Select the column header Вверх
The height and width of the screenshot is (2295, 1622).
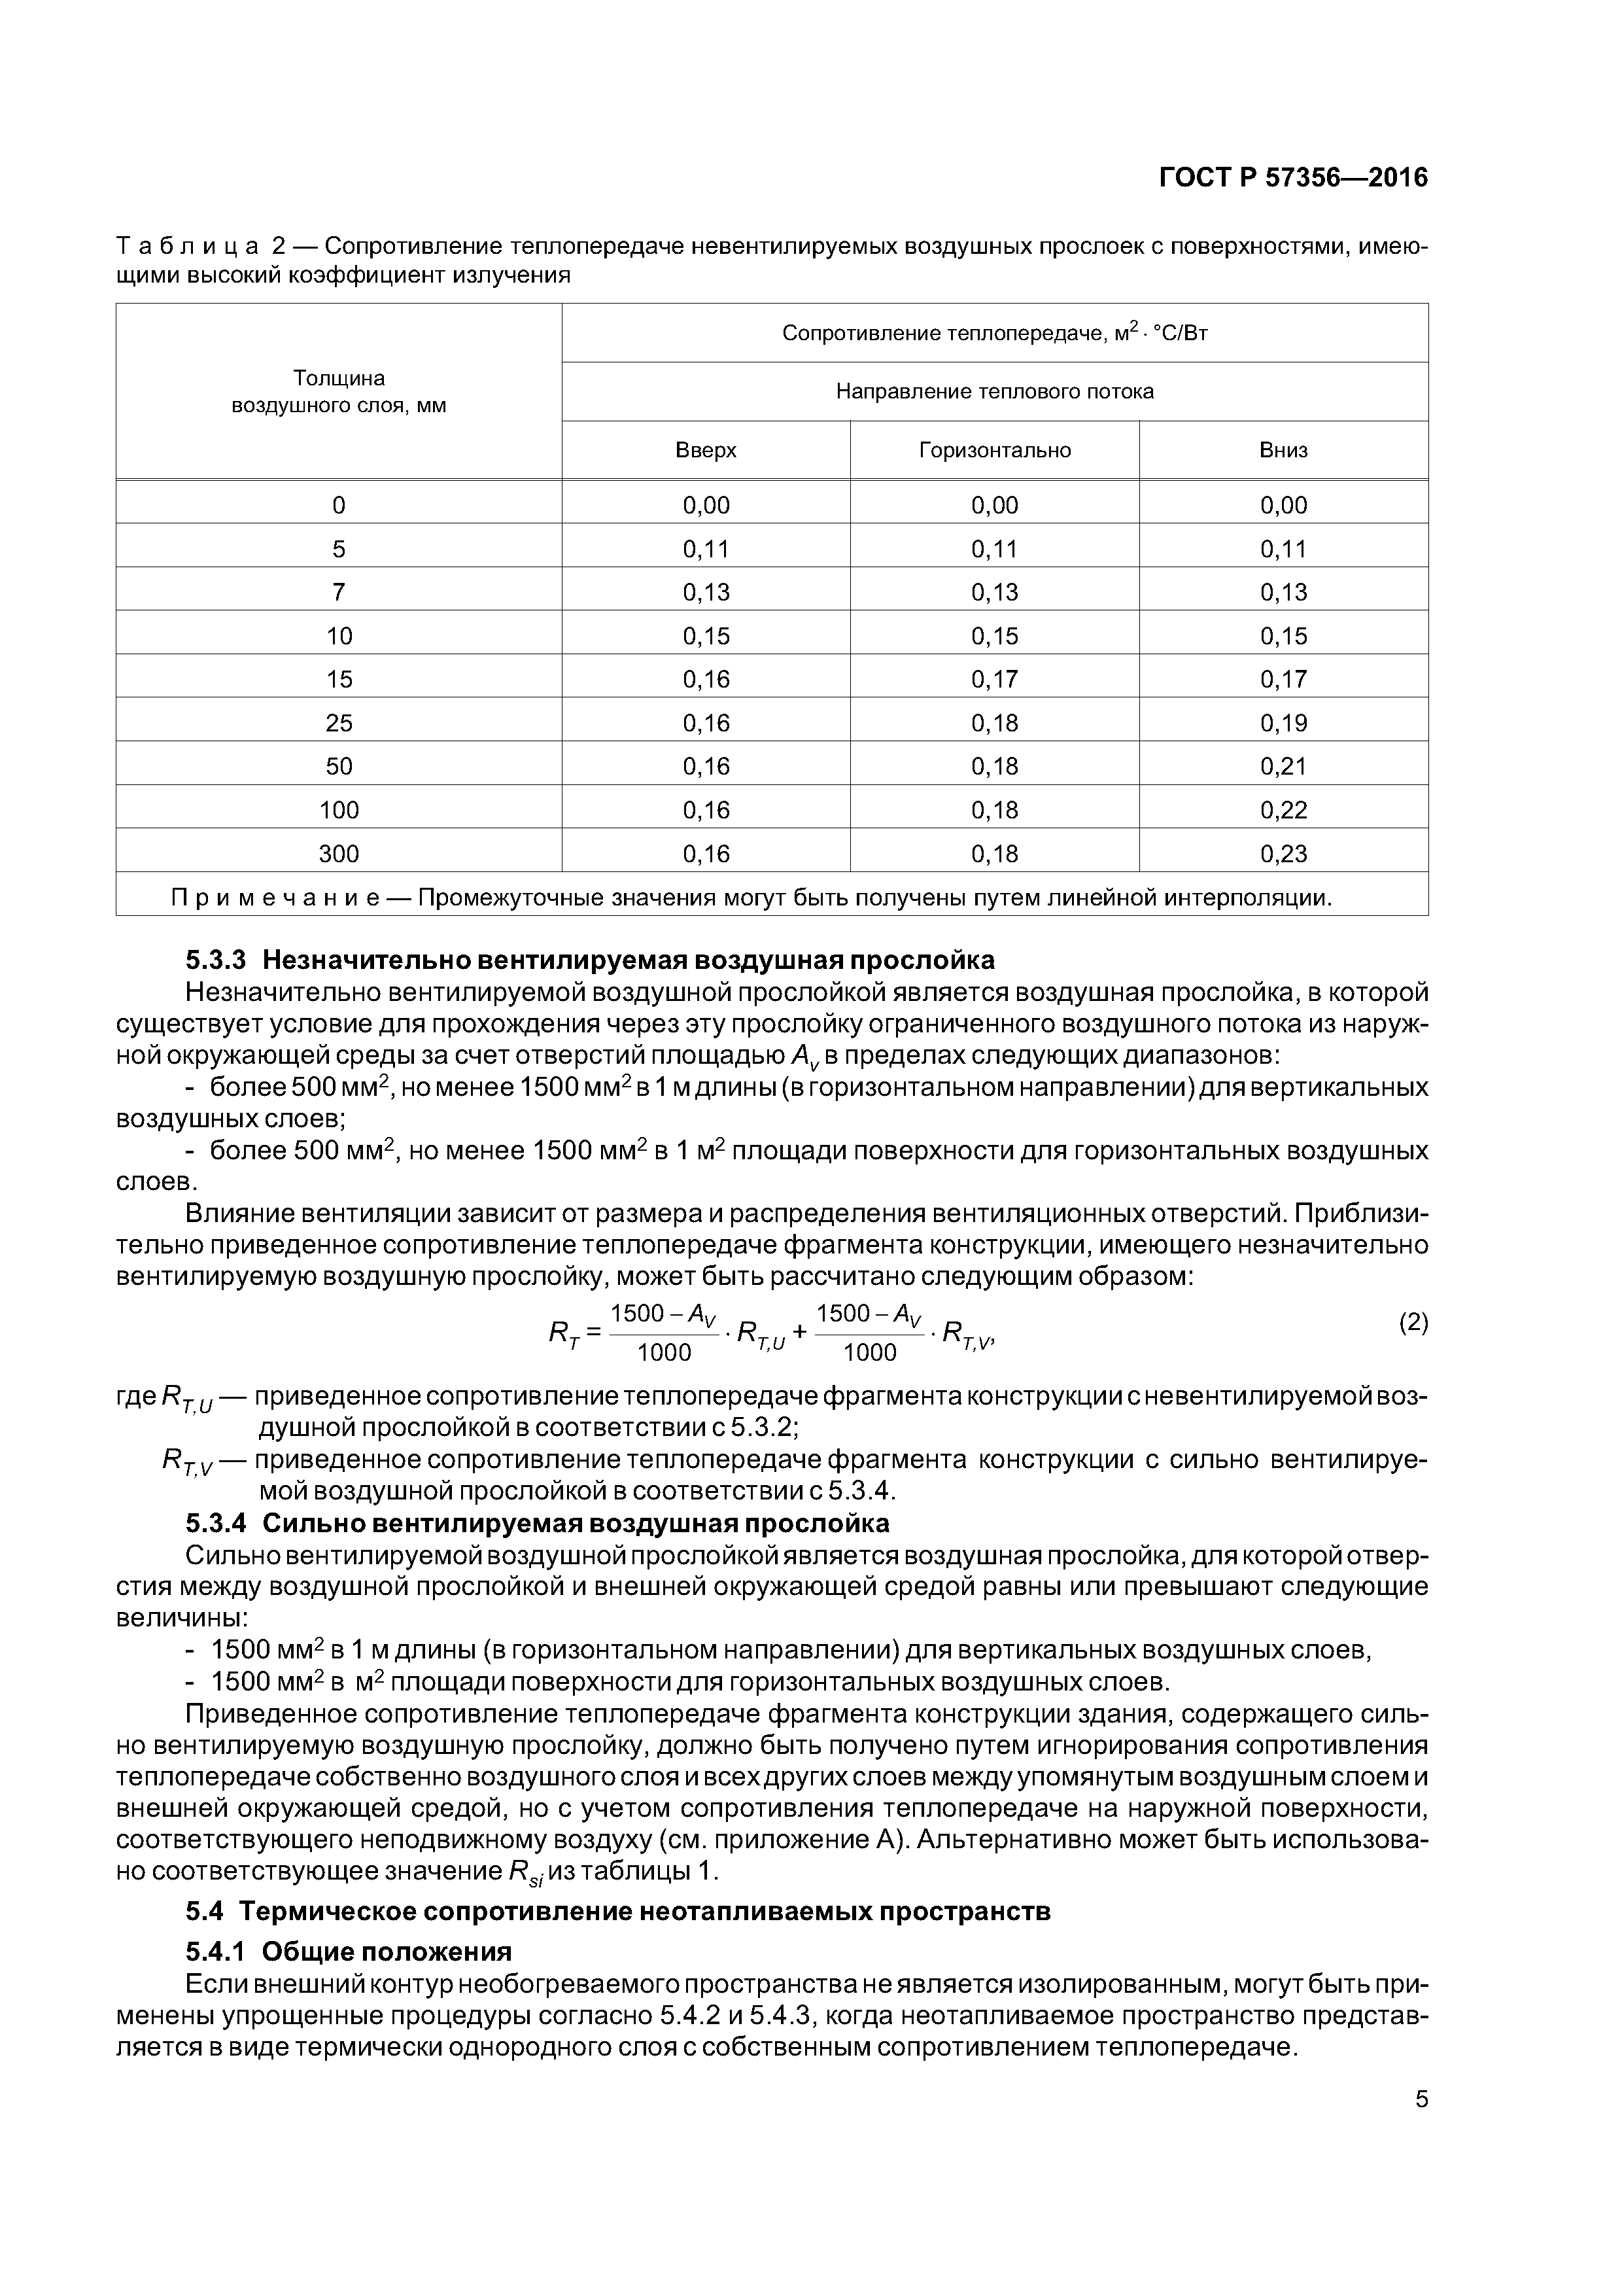coord(706,450)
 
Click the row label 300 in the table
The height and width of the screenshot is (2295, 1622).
coord(339,854)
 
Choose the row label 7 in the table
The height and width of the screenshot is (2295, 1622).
coord(339,592)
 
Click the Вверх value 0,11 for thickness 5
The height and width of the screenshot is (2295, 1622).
coord(706,549)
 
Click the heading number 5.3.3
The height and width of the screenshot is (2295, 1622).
coord(215,960)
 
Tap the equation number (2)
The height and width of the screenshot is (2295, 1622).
coord(1412,1323)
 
